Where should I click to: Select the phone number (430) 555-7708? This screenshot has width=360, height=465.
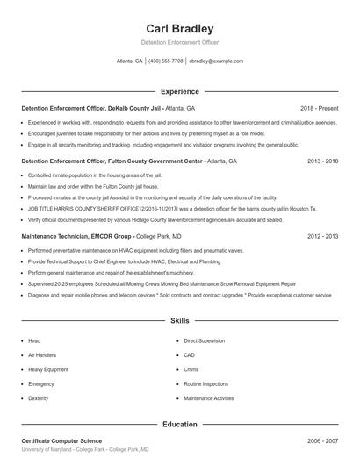click(166, 61)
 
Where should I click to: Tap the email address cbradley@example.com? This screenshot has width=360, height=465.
click(216, 61)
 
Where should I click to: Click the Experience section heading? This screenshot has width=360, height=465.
click(179, 91)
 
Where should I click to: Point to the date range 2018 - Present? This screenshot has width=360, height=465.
click(319, 108)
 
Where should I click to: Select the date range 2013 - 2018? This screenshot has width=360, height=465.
click(321, 161)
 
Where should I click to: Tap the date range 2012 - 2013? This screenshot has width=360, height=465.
click(321, 237)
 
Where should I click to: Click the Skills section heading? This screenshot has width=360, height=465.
click(179, 321)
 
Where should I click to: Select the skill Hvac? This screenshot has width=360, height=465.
click(34, 340)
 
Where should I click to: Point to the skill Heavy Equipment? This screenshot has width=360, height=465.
click(47, 369)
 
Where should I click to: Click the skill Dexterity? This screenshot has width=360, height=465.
click(39, 398)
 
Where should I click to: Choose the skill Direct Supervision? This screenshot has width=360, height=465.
click(205, 340)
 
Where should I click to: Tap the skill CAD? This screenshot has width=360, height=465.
click(190, 354)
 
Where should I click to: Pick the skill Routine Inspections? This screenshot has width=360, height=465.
click(206, 383)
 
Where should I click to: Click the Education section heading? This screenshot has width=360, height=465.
click(179, 424)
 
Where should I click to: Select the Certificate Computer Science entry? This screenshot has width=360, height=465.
click(61, 440)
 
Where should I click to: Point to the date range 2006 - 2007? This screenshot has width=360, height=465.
click(321, 440)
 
